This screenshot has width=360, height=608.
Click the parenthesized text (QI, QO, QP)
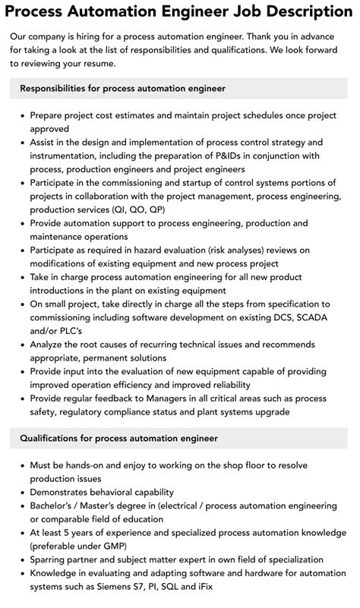137,209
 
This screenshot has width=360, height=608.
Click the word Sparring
52,559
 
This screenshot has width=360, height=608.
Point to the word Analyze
51,345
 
